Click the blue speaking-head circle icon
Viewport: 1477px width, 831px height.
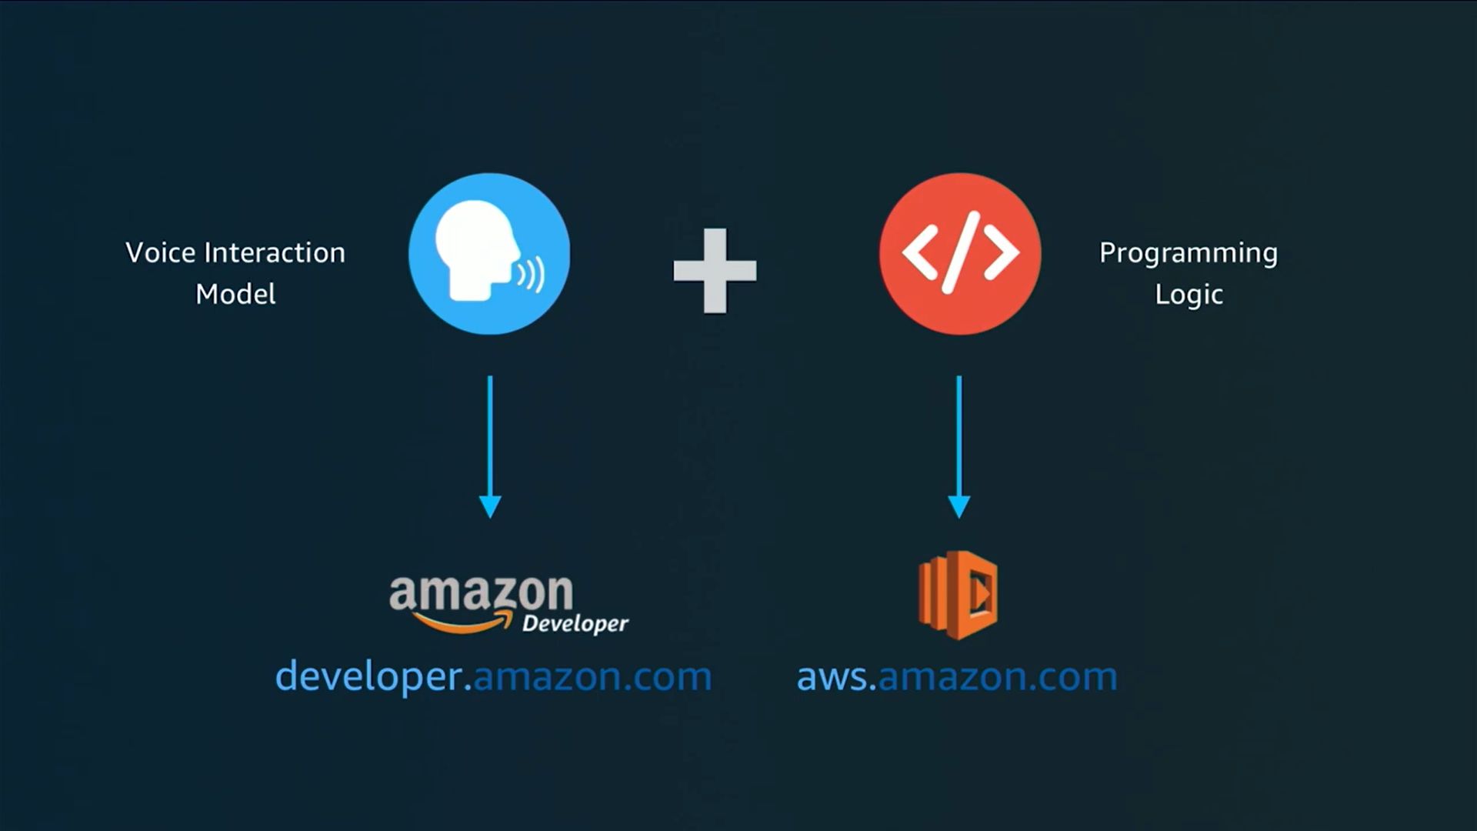pyautogui.click(x=489, y=254)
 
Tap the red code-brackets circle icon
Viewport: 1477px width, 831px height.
pyautogui.click(x=960, y=254)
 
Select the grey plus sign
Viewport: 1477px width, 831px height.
pyautogui.click(x=715, y=271)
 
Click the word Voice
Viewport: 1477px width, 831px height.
pyautogui.click(x=160, y=252)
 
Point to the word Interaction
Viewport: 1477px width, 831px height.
pyautogui.click(x=275, y=252)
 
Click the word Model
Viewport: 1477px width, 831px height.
pyautogui.click(x=235, y=294)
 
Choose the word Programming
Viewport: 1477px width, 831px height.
pyautogui.click(x=1189, y=254)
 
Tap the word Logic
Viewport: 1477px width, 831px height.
pyautogui.click(x=1189, y=295)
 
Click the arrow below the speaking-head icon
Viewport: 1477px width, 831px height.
pyautogui.click(x=490, y=447)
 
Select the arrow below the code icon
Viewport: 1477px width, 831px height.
pyautogui.click(x=959, y=447)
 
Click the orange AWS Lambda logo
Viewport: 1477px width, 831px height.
pyautogui.click(x=958, y=595)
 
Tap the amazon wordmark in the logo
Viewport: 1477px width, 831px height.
pyautogui.click(x=482, y=593)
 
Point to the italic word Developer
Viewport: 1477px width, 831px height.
pyautogui.click(x=575, y=623)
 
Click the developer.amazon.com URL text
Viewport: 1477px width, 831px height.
pyautogui.click(x=494, y=676)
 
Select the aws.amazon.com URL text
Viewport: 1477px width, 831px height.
pyautogui.click(x=957, y=676)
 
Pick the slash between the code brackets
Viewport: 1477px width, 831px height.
pyautogui.click(x=960, y=253)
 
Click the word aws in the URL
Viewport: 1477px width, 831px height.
pyautogui.click(x=833, y=677)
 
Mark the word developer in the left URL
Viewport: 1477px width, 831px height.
pyautogui.click(x=368, y=676)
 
